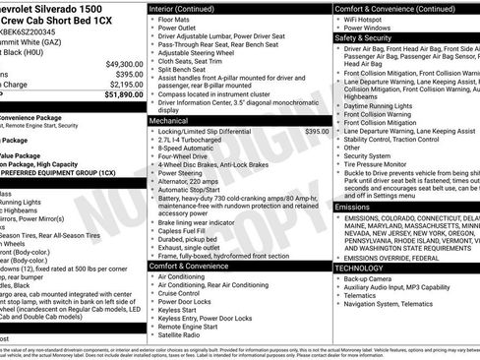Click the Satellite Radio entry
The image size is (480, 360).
pos(181,335)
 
